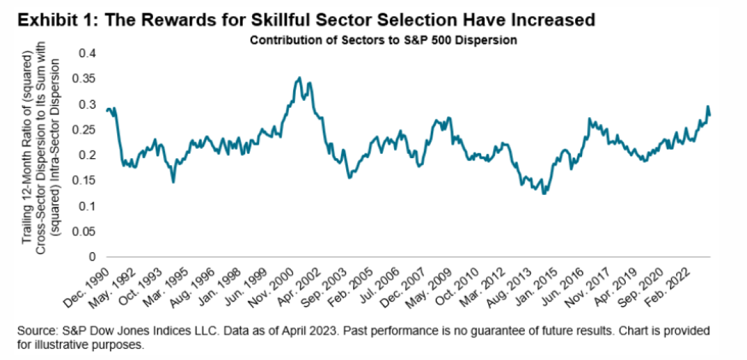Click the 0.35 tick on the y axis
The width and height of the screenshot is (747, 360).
click(87, 78)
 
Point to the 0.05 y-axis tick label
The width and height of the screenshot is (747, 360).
click(87, 231)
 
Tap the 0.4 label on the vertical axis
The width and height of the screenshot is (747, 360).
click(91, 53)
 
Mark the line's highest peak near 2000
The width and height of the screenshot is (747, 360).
click(300, 77)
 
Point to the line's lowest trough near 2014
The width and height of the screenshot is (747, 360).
click(544, 194)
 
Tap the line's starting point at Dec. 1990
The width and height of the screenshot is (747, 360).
click(106, 110)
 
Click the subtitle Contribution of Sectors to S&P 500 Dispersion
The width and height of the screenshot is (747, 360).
click(384, 41)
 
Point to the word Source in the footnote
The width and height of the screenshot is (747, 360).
click(37, 329)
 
